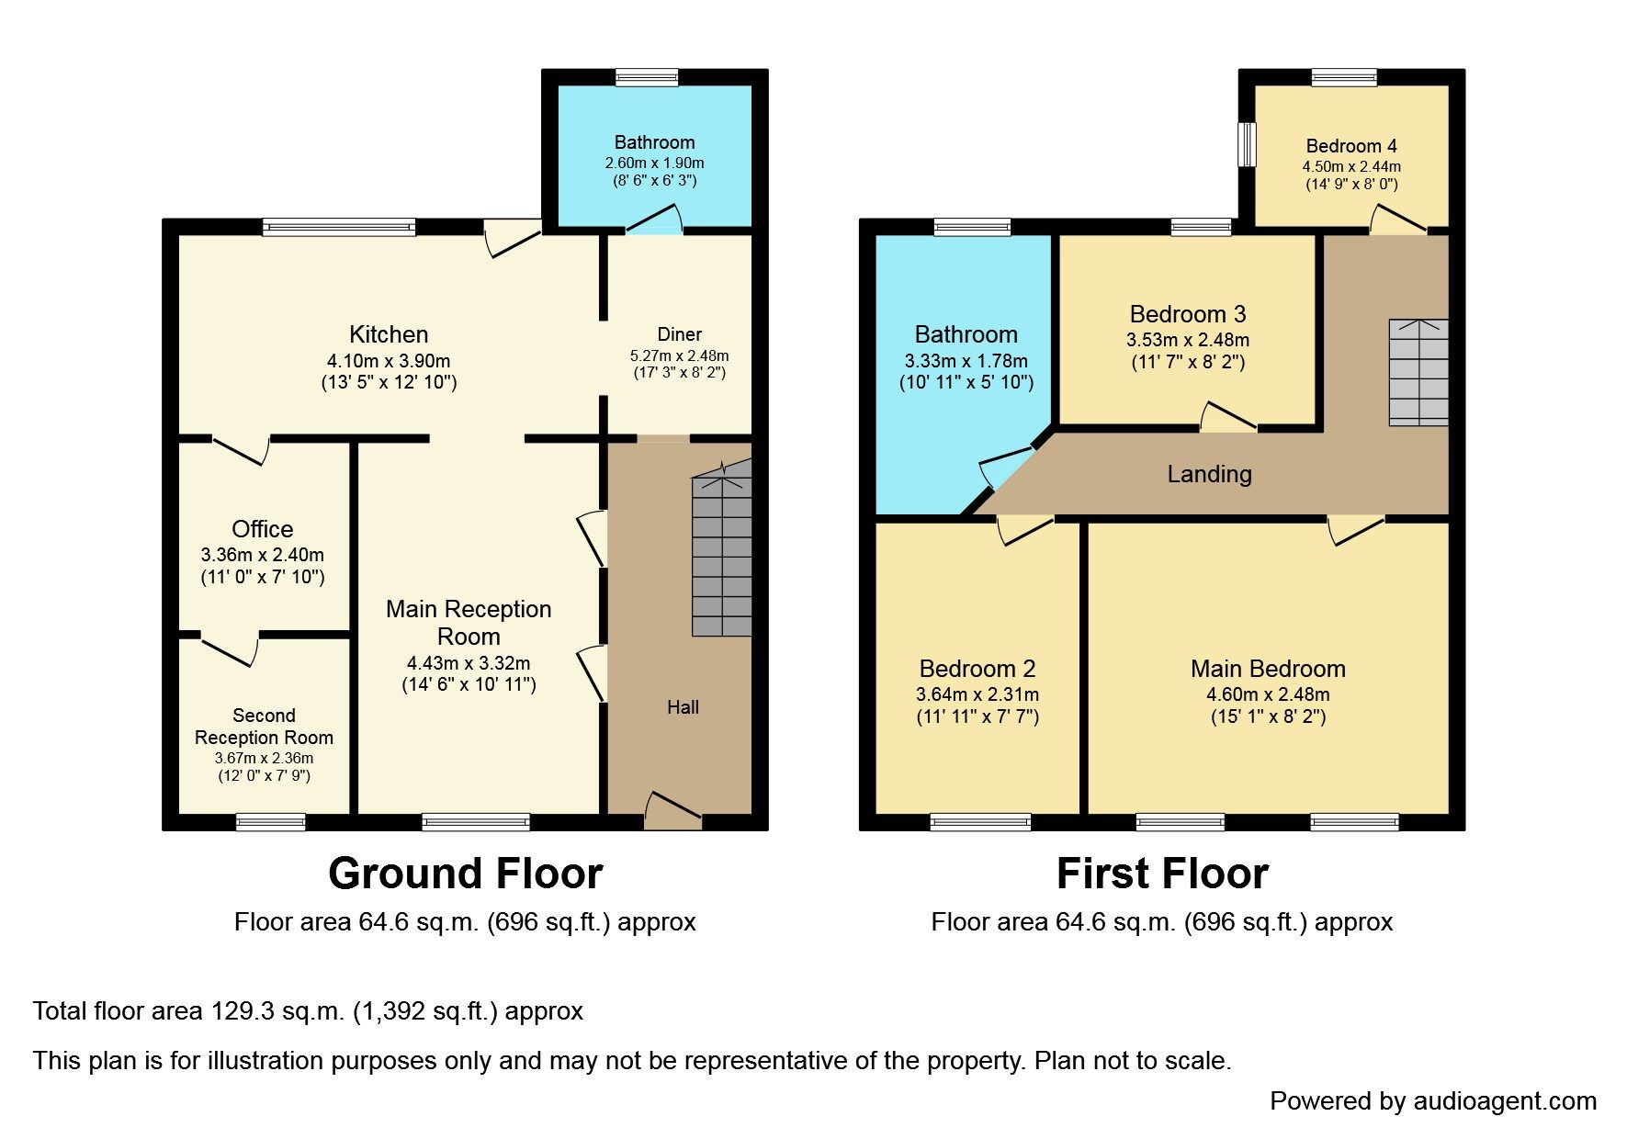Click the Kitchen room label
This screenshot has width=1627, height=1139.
[389, 334]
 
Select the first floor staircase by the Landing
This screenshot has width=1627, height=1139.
[1418, 372]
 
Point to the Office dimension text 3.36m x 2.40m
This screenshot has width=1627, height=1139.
[263, 555]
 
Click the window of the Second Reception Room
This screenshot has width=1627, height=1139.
[271, 822]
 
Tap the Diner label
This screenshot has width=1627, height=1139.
[680, 334]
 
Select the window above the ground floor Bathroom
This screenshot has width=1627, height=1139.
[647, 77]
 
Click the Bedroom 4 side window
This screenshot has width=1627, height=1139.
[1247, 145]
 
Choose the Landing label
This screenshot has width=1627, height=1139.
[1209, 474]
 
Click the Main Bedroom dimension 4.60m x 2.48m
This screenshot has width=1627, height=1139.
[1268, 694]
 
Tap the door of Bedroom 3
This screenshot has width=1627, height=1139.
[1228, 417]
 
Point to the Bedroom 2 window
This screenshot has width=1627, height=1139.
[980, 822]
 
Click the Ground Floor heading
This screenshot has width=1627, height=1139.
[466, 874]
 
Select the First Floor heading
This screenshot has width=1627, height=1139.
[1162, 874]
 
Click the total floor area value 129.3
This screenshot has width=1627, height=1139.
[242, 1011]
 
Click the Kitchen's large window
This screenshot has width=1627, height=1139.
[339, 227]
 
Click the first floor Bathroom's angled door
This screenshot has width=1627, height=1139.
[1006, 468]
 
